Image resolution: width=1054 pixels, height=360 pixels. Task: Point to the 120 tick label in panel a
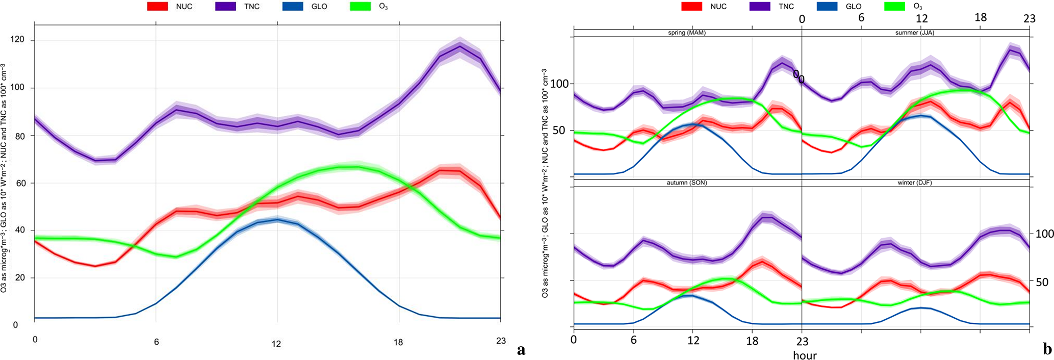click(20, 41)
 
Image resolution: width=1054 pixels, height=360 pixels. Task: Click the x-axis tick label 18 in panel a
click(398, 342)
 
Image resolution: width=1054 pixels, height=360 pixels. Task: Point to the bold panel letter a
click(521, 350)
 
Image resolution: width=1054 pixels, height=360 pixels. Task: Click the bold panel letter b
click(1047, 349)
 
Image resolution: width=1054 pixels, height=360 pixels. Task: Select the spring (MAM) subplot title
click(687, 33)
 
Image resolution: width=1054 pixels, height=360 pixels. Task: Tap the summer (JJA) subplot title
click(915, 33)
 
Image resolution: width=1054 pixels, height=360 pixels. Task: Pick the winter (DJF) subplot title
click(915, 183)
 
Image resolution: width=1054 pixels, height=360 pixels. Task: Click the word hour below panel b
click(805, 355)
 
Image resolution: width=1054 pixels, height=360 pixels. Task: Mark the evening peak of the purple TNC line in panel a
click(460, 47)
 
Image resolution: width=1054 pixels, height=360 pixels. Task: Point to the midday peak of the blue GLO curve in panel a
click(277, 220)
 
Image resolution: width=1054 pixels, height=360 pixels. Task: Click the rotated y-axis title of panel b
click(545, 184)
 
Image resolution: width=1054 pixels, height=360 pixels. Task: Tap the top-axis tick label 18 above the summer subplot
click(981, 17)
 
